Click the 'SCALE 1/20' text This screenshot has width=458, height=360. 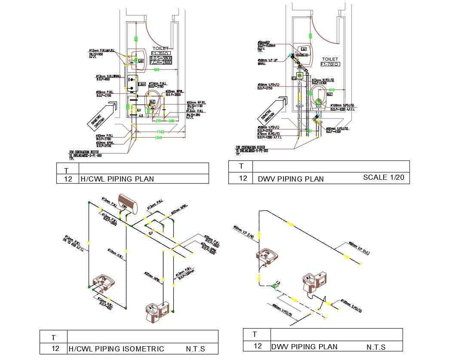383,177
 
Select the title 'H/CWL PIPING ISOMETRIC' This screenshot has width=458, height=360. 116,349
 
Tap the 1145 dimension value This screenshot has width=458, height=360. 160,132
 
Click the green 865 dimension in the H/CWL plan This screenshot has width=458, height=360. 157,69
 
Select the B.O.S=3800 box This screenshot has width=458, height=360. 161,58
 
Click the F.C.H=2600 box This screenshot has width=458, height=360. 161,63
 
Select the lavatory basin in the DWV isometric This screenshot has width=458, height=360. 267,257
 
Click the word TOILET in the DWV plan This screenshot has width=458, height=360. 330,59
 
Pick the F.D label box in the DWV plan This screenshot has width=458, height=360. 295,78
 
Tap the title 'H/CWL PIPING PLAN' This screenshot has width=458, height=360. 117,179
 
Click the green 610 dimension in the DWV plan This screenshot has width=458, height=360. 332,90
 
